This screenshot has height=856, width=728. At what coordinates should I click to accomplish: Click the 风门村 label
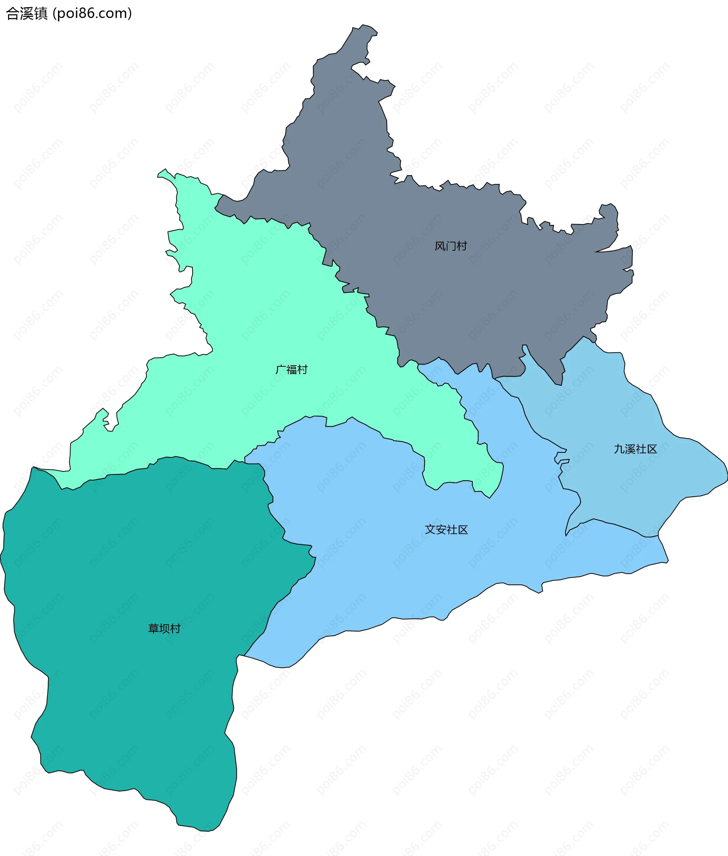coord(451,246)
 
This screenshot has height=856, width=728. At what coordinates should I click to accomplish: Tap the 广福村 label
coord(291,369)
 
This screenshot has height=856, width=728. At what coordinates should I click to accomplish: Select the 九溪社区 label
coord(635,449)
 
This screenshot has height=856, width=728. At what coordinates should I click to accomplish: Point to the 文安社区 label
coord(447,529)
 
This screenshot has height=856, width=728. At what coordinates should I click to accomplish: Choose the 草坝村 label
coord(164,628)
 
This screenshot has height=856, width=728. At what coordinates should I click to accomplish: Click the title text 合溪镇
coord(27,14)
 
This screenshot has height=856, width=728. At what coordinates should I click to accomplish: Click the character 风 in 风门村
coord(440,246)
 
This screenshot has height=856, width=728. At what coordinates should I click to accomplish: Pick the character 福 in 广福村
coord(291,369)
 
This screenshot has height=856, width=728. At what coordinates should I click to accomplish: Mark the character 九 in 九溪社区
coord(619,449)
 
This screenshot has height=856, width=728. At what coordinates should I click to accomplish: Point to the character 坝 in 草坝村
coord(164,628)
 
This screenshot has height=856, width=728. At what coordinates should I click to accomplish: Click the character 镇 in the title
coord(41,14)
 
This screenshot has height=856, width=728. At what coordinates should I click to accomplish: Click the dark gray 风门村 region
coord(475,289)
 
